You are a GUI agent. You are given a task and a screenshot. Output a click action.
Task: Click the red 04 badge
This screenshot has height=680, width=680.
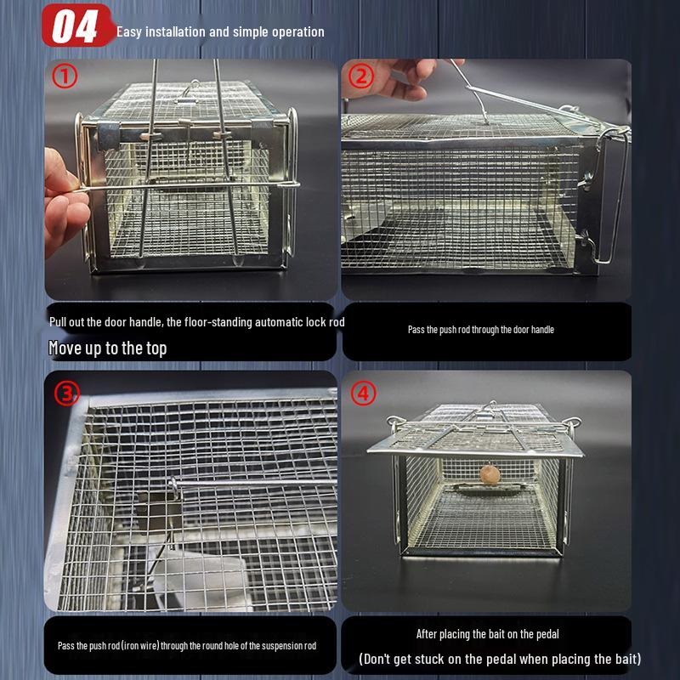point(76,25)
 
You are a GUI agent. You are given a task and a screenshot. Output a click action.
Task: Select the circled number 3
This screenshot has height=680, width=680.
point(67,394)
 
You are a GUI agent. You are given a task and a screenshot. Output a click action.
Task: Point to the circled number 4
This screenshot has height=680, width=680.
point(364,394)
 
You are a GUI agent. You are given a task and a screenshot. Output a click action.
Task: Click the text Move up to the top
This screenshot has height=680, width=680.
point(107,348)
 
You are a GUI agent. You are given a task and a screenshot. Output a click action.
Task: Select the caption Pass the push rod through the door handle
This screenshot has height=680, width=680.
point(480,329)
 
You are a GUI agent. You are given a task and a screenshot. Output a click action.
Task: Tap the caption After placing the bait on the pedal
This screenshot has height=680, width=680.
point(487,633)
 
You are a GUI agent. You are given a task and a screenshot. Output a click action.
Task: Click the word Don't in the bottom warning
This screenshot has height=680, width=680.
point(379,659)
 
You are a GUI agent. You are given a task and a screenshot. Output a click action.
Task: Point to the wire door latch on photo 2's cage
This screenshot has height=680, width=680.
point(608,195)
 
